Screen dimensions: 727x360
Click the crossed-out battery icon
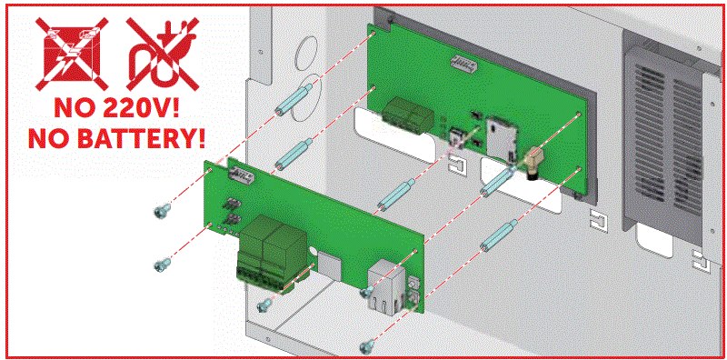72,54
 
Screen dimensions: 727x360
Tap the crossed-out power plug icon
163,54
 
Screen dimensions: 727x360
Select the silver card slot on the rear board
497,138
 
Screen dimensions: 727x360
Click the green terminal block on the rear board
408,116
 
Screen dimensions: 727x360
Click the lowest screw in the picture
367,345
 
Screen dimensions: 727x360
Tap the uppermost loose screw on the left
162,212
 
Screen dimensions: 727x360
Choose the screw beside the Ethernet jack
367,292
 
